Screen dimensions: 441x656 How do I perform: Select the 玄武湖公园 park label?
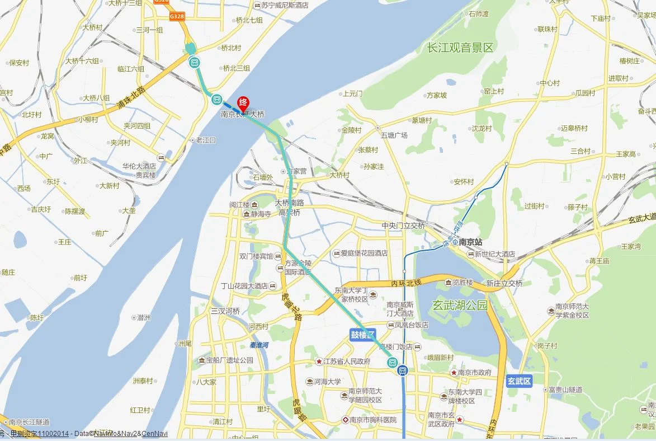click(460, 306)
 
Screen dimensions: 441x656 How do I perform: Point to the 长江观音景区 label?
click(460, 48)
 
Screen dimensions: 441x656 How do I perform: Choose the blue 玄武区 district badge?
click(518, 381)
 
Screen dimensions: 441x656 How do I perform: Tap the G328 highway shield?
click(177, 16)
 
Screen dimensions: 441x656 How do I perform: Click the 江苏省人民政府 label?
click(346, 362)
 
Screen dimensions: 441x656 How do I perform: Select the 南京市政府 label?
click(474, 373)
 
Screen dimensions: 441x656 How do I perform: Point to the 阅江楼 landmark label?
click(239, 204)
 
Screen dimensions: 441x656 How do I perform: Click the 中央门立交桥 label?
click(403, 226)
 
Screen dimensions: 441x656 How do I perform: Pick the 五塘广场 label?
click(394, 135)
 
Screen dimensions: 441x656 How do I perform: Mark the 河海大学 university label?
click(327, 382)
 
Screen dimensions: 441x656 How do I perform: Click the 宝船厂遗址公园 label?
click(229, 360)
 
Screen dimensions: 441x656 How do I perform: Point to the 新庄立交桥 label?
click(504, 284)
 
